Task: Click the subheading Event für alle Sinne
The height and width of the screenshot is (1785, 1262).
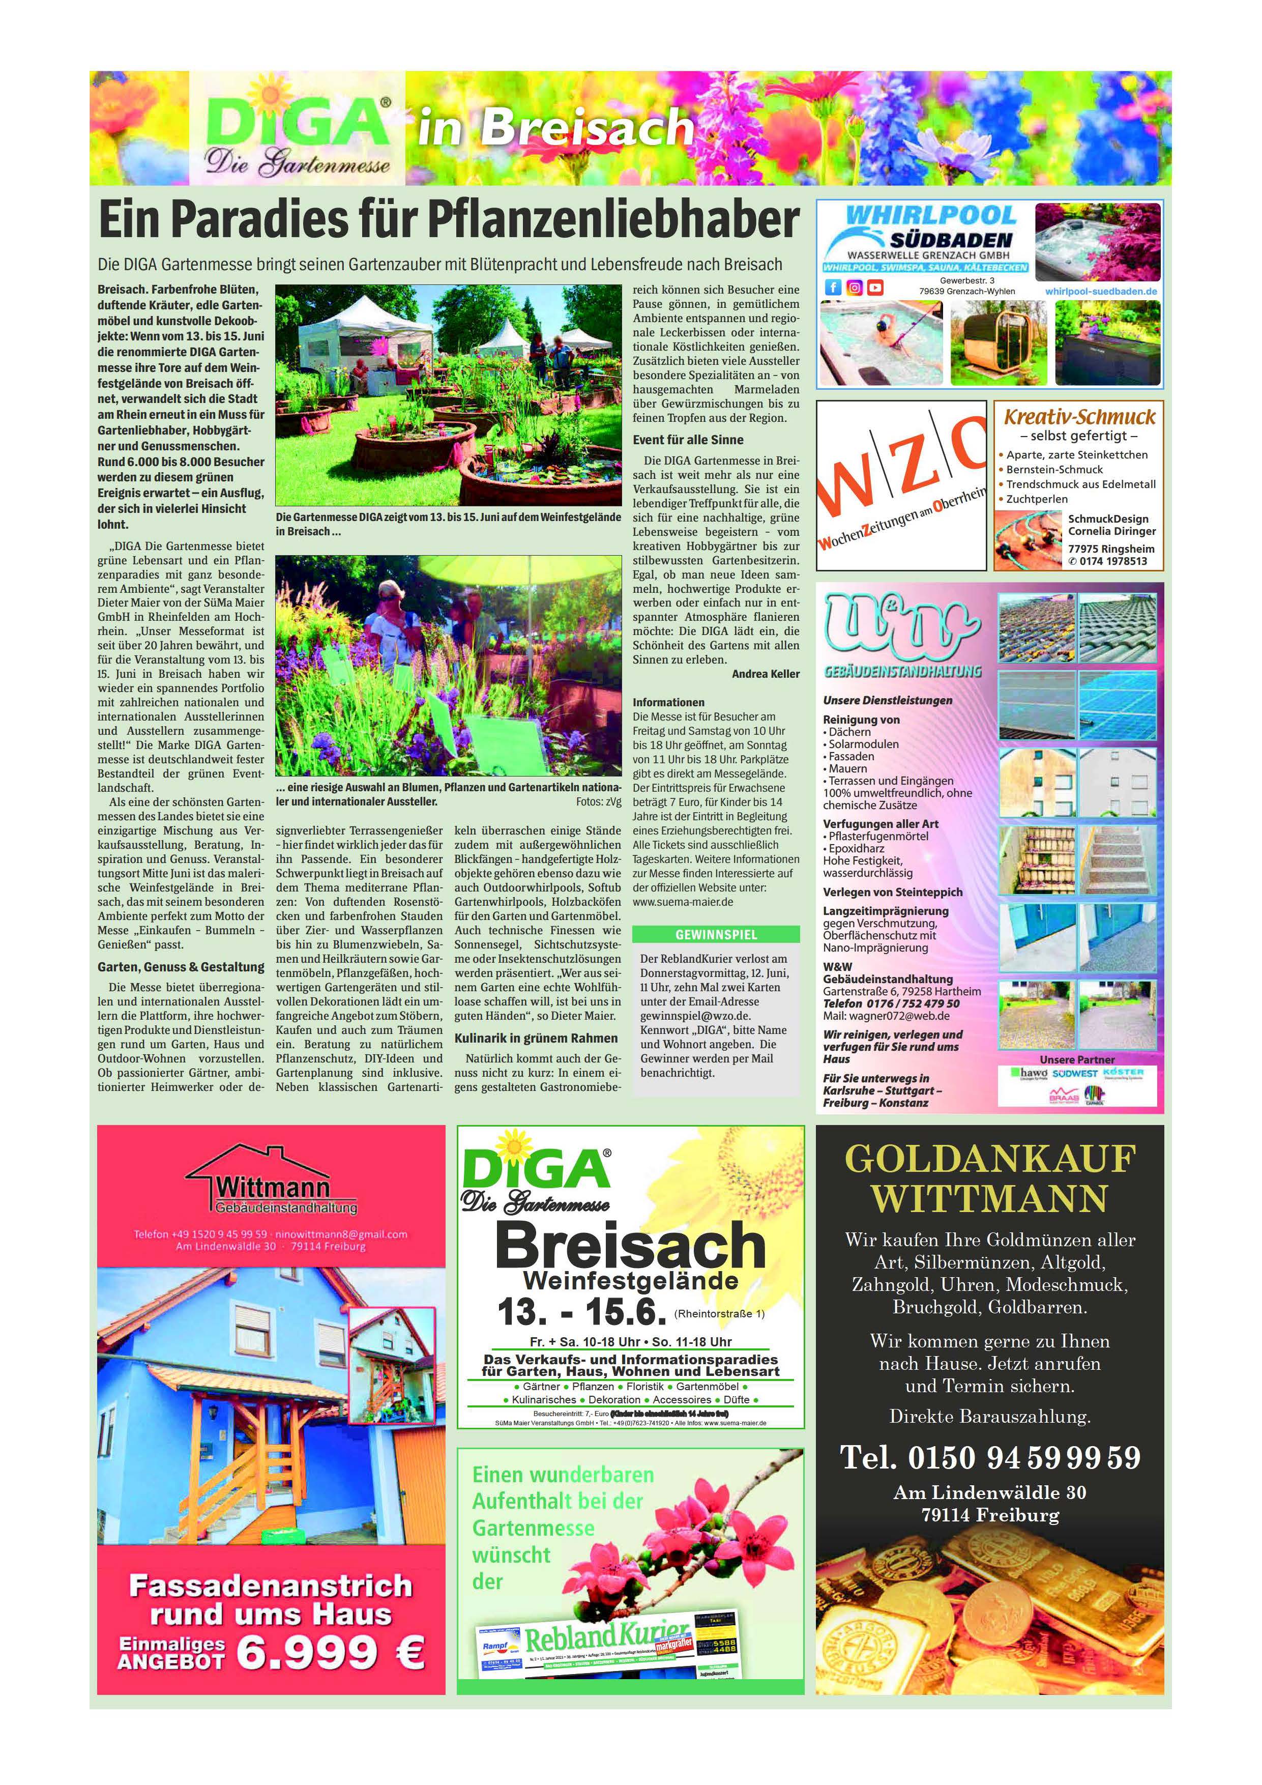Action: point(688,439)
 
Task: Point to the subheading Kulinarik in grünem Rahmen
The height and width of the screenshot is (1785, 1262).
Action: point(536,1038)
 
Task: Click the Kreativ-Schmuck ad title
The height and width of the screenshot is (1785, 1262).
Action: point(1079,417)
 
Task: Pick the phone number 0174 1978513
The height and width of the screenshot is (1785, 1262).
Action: point(1112,561)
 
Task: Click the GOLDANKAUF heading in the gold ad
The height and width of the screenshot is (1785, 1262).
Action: point(990,1159)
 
